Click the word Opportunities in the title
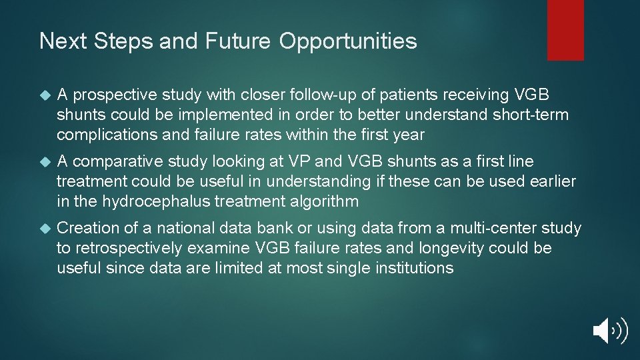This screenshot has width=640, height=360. pyautogui.click(x=348, y=41)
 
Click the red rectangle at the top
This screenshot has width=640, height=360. pyautogui.click(x=565, y=29)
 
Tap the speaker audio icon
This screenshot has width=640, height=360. pyautogui.click(x=609, y=331)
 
